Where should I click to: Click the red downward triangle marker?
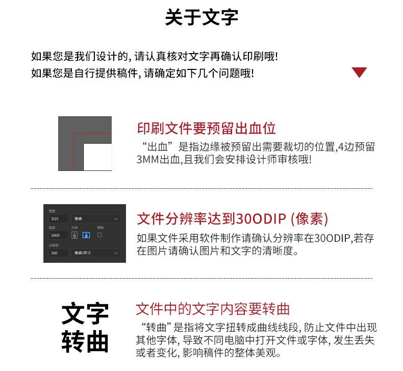coord(359,72)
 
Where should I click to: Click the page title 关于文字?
coord(202,17)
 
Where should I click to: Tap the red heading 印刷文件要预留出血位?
coord(207,129)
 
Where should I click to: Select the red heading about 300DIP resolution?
coord(232,219)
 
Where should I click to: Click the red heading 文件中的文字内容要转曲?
coord(213,309)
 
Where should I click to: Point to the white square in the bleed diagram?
coord(97,157)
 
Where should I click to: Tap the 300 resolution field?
coord(58,253)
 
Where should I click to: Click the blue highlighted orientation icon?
coord(86,235)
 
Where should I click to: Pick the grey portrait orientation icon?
coord(74,235)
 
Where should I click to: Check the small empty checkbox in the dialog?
coord(99,235)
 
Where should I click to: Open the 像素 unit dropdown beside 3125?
coord(96,219)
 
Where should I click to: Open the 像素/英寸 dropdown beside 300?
coord(96,253)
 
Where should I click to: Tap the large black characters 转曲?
coord(85,342)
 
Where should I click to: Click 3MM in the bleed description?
coord(147,160)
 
